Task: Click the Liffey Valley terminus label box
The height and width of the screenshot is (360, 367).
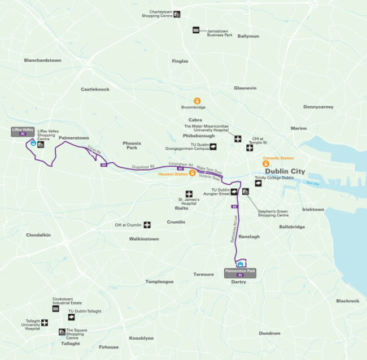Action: pyautogui.click(x=23, y=131)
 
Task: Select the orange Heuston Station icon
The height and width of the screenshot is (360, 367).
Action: pyautogui.click(x=192, y=173)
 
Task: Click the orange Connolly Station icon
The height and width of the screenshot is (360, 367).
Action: pyautogui.click(x=265, y=164)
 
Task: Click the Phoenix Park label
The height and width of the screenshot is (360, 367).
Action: pyautogui.click(x=131, y=145)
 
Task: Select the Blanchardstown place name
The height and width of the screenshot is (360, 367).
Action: pyautogui.click(x=42, y=60)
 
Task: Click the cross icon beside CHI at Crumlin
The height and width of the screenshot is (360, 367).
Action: pyautogui.click(x=147, y=225)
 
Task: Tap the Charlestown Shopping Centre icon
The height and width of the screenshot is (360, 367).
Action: pyautogui.click(x=177, y=14)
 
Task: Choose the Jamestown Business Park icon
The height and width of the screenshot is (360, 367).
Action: pyautogui.click(x=196, y=30)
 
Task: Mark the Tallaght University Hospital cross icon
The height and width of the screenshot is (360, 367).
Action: pyautogui.click(x=45, y=323)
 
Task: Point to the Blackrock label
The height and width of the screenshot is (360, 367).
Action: pyautogui.click(x=347, y=301)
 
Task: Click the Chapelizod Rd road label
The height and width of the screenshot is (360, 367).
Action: pyautogui.click(x=143, y=167)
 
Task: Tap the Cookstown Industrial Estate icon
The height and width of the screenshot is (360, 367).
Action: pyautogui.click(x=56, y=309)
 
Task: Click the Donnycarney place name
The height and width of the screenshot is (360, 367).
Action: pyautogui.click(x=318, y=107)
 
